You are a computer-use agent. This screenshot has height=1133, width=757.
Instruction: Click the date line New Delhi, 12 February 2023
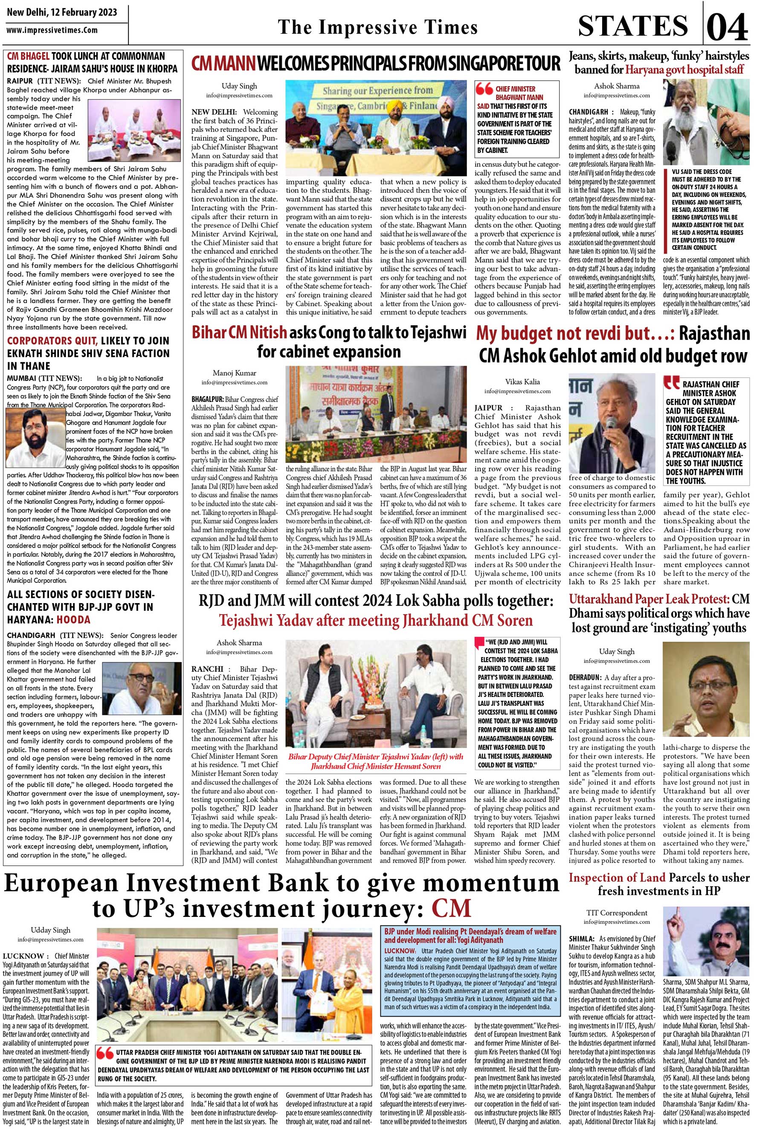62,12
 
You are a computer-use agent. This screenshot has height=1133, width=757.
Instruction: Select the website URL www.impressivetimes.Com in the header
52,30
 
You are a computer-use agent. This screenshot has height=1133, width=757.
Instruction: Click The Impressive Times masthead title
377,28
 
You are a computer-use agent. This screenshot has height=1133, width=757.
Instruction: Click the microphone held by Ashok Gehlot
610,425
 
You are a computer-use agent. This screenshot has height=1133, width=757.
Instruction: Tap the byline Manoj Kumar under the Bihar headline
234,373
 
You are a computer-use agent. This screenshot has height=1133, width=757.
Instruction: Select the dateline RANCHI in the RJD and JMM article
207,669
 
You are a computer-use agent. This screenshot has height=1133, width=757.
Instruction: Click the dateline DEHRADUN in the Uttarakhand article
585,677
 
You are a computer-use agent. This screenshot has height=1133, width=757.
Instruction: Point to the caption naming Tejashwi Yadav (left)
375,761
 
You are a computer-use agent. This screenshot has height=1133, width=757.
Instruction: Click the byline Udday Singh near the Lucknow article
51,930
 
